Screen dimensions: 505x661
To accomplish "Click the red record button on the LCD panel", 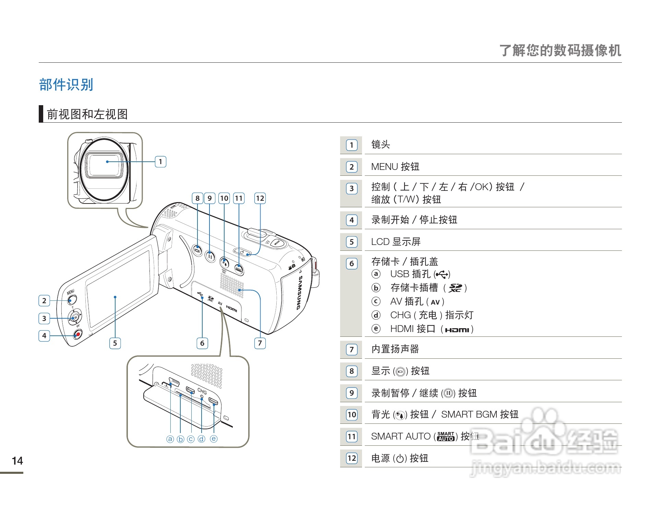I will [x=78, y=334].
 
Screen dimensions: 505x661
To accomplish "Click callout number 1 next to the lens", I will [x=160, y=162].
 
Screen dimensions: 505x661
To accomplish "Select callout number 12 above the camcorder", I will [x=260, y=198].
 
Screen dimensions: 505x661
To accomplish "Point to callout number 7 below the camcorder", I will [x=260, y=343].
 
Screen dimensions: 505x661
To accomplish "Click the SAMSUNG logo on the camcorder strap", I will [x=299, y=293].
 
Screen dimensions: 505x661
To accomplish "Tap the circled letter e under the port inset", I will [x=214, y=439].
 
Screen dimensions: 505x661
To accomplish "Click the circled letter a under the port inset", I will [x=170, y=439].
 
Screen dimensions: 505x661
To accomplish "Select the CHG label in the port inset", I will [x=202, y=391].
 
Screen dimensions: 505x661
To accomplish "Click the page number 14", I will [x=17, y=461].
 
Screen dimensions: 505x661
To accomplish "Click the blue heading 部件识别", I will [x=66, y=85].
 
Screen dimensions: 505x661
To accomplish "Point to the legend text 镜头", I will [x=381, y=145].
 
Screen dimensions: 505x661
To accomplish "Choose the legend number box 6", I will [x=351, y=263].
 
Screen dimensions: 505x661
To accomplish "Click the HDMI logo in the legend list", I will [x=457, y=330].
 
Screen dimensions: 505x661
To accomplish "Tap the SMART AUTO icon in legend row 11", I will [x=446, y=436].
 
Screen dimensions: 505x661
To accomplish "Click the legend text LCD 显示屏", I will [x=396, y=242].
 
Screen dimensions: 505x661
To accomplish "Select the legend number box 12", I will [x=352, y=458].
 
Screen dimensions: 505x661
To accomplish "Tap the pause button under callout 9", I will [x=210, y=256].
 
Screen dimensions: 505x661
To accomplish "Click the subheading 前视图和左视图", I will [x=87, y=114].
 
